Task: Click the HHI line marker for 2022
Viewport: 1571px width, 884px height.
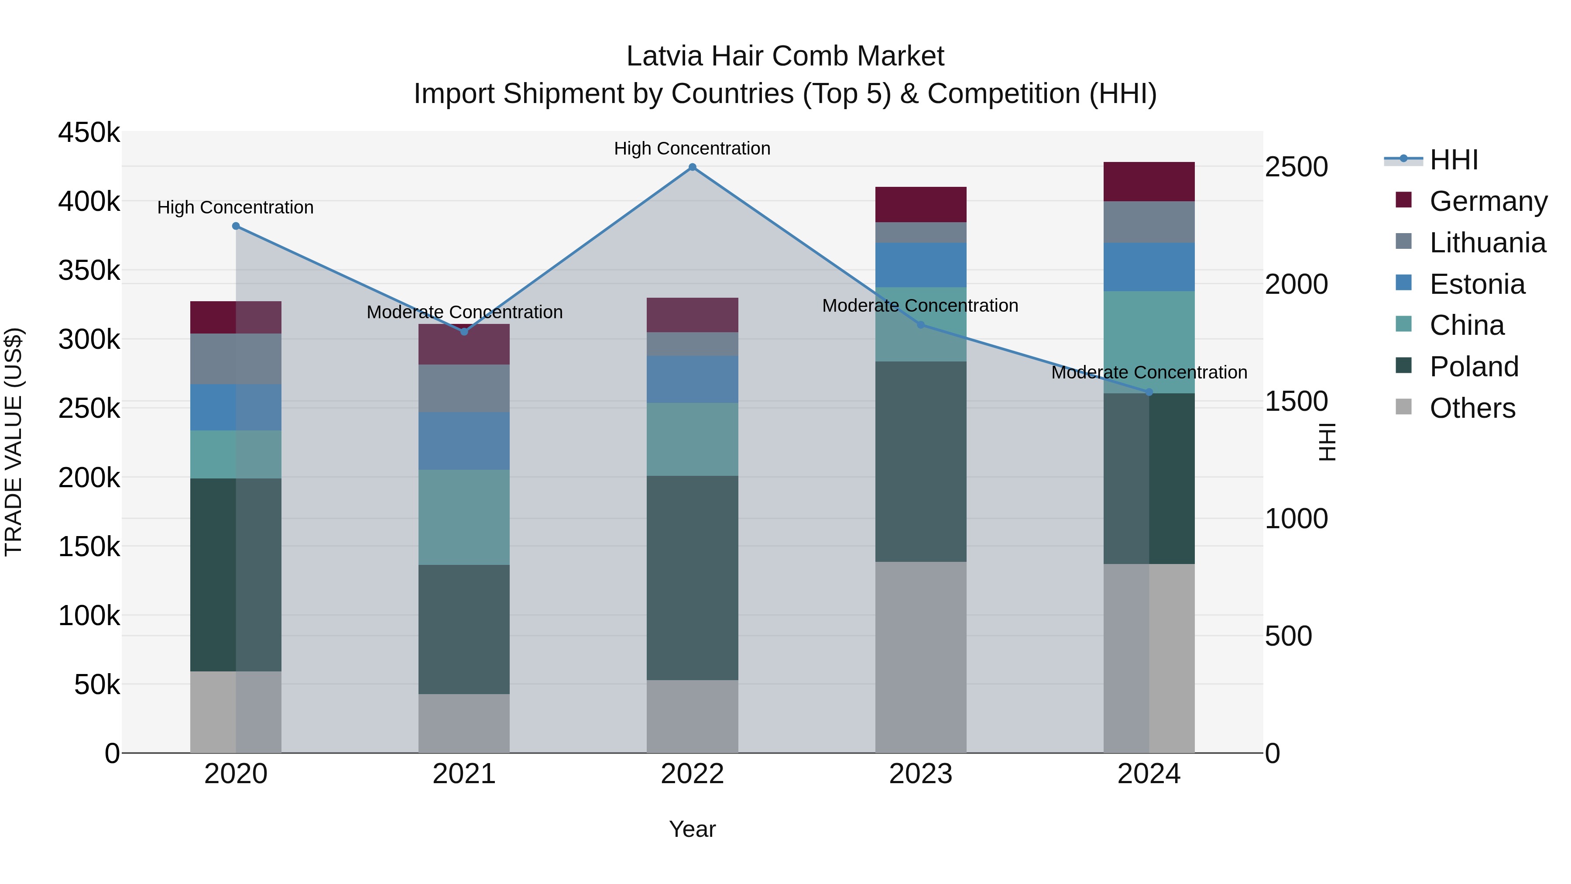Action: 692,167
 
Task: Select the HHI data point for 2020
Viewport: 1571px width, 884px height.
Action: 236,226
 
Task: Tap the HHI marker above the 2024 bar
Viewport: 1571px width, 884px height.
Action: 1149,392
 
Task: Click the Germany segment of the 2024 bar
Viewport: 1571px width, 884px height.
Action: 1149,182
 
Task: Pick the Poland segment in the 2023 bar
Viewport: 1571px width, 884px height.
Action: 921,461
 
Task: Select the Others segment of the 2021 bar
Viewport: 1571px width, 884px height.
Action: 464,723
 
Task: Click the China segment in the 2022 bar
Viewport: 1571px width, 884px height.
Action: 692,439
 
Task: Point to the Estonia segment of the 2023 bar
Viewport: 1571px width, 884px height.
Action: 921,265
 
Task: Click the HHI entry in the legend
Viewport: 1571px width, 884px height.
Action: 1453,160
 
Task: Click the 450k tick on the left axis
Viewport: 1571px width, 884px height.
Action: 89,132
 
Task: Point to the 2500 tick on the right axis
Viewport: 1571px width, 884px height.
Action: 1296,167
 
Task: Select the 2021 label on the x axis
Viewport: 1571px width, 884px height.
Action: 464,774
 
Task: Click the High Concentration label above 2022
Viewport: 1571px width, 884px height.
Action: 692,148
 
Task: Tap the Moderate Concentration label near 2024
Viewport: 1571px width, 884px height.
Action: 1149,372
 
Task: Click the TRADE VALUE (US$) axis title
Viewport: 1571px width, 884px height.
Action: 14,442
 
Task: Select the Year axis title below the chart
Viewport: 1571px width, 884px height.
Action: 692,829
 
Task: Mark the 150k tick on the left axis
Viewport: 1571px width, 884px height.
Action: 89,547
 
